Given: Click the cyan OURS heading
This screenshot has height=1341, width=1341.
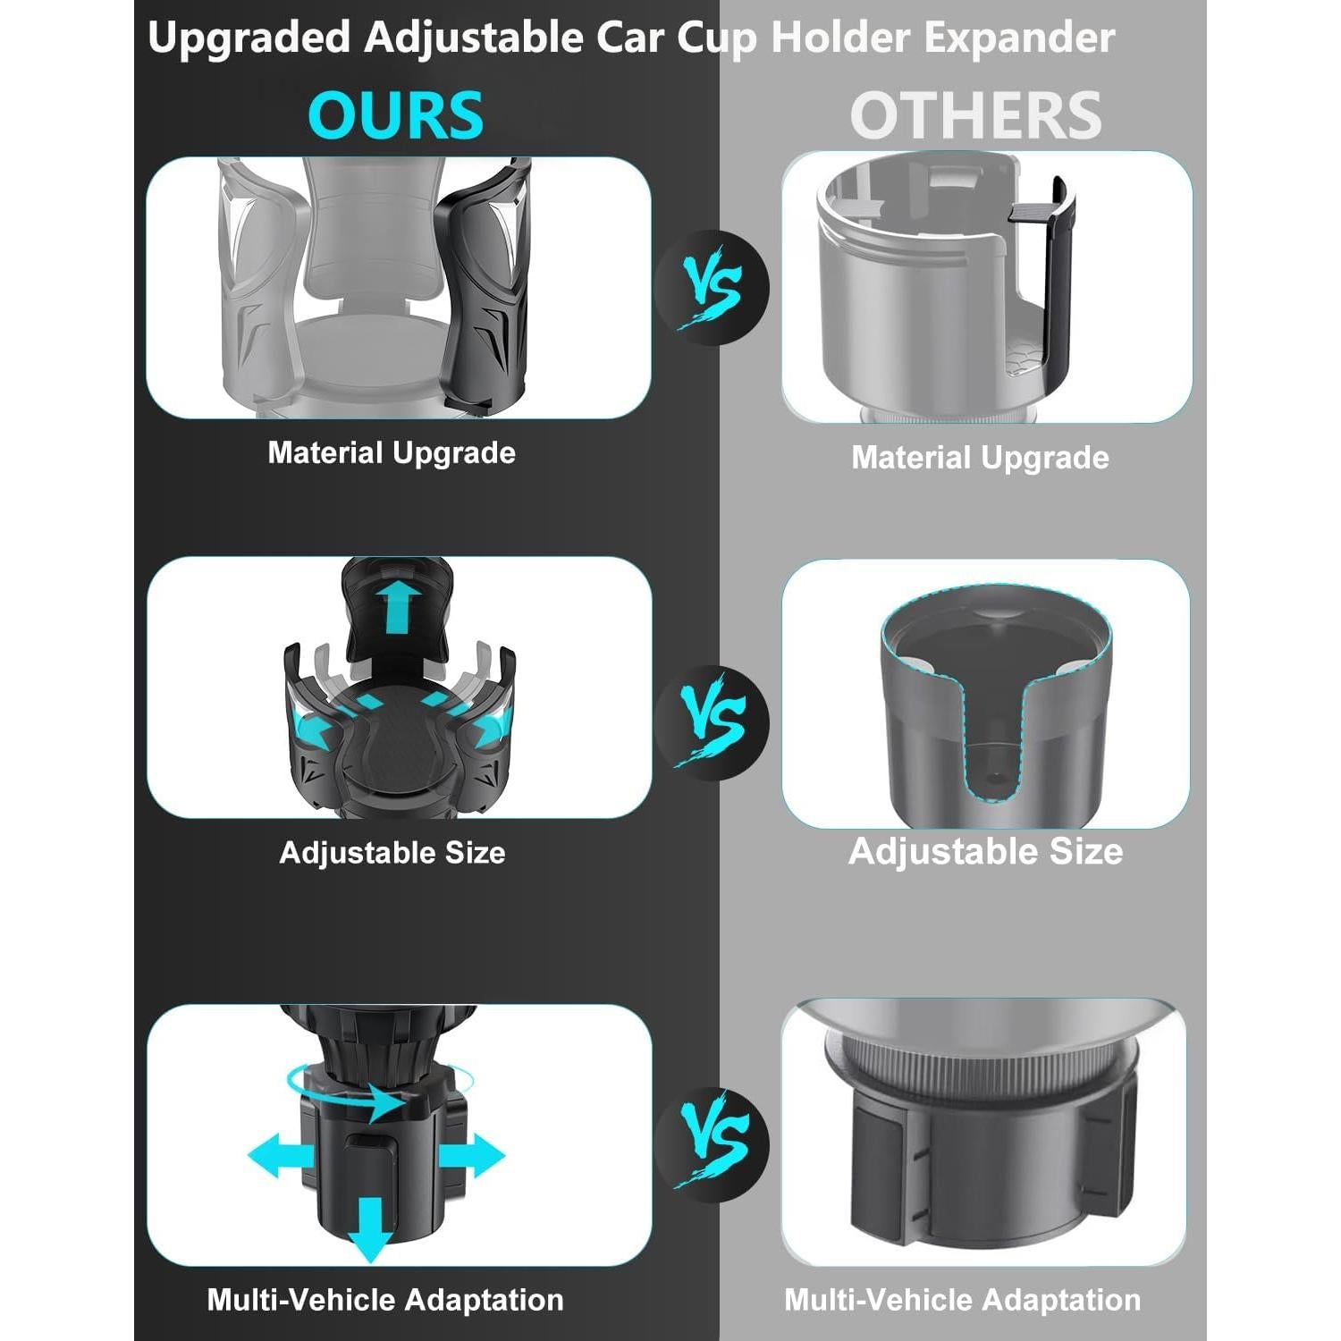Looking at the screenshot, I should pyautogui.click(x=395, y=115).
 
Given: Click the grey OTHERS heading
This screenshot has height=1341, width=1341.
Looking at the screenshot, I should pyautogui.click(x=975, y=115).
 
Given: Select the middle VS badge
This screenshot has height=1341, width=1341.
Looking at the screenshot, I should pyautogui.click(x=712, y=722).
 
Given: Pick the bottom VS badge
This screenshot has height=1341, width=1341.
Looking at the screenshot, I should pyautogui.click(x=712, y=1144).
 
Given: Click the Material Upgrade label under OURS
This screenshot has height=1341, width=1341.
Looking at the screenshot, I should pyautogui.click(x=392, y=453).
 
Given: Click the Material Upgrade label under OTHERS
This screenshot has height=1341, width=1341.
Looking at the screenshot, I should pyautogui.click(x=980, y=458).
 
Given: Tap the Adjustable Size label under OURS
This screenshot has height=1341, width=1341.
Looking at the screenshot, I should pyautogui.click(x=392, y=853).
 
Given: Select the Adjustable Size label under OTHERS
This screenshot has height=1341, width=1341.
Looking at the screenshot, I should pyautogui.click(x=985, y=851).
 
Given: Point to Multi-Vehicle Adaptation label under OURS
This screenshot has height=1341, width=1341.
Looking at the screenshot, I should pyautogui.click(x=385, y=1299).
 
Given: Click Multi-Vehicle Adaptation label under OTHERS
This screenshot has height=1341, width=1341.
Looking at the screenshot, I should pyautogui.click(x=963, y=1299).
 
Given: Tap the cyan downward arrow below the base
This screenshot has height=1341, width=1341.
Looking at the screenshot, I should pyautogui.click(x=370, y=1229).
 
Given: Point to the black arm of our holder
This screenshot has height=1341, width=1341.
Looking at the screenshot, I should pyautogui.click(x=483, y=286).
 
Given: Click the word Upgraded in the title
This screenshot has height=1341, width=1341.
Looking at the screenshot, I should pyautogui.click(x=249, y=38).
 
